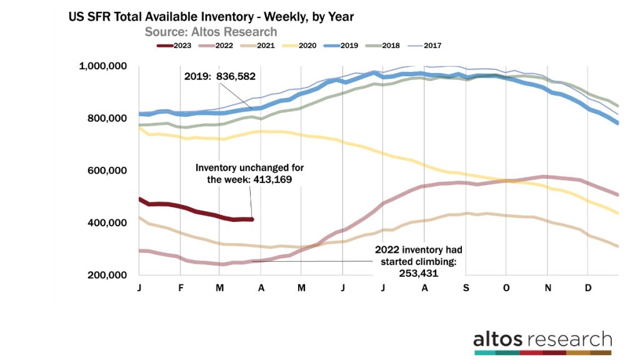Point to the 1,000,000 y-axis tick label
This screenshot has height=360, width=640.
click(x=103, y=66)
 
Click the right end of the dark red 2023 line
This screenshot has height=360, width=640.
click(x=252, y=219)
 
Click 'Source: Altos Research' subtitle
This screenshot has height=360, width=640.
click(x=211, y=32)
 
